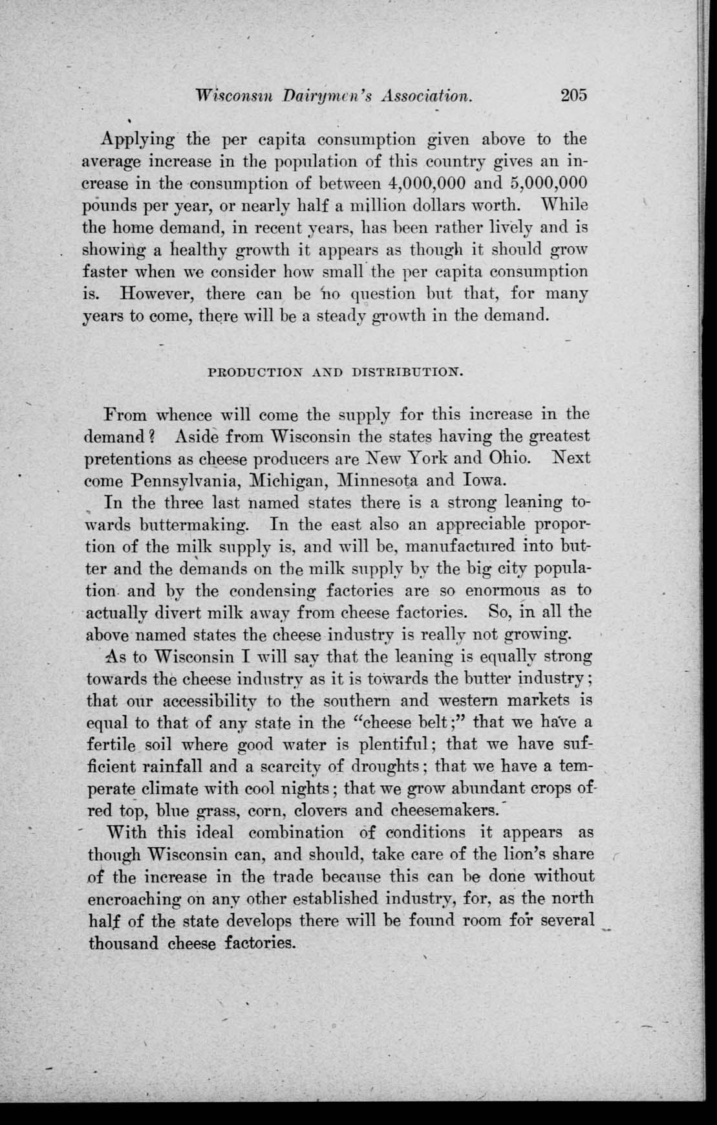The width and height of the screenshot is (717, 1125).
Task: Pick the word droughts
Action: [384, 767]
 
